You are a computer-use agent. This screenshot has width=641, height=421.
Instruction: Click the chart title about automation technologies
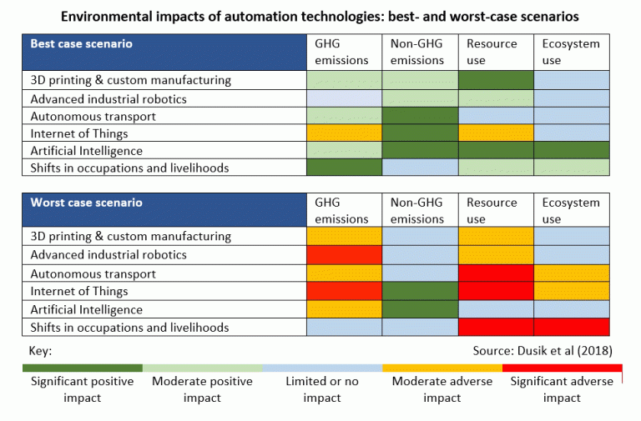click(320, 15)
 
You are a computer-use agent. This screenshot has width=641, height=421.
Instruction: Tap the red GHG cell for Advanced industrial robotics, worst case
click(344, 254)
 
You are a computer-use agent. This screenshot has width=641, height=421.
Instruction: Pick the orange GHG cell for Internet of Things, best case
click(344, 133)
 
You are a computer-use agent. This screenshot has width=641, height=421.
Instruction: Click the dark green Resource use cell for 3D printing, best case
click(496, 80)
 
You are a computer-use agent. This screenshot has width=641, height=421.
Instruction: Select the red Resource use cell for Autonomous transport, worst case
click(496, 273)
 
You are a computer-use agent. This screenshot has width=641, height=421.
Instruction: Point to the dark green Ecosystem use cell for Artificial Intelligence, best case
click(572, 151)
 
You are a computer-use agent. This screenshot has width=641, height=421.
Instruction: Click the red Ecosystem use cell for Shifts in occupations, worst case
click(572, 327)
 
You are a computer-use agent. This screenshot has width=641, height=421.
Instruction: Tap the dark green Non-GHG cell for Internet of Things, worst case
click(420, 291)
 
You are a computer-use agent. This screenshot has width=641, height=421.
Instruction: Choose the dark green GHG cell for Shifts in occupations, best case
click(344, 168)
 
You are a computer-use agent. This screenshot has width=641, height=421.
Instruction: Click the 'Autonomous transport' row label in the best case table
click(93, 117)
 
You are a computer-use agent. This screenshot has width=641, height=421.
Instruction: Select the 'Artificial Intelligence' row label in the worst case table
click(86, 309)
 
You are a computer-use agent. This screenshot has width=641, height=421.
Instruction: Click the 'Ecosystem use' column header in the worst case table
click(572, 211)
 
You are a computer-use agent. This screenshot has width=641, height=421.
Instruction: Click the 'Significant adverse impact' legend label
click(562, 389)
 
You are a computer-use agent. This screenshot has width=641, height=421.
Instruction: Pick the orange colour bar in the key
click(442, 367)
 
